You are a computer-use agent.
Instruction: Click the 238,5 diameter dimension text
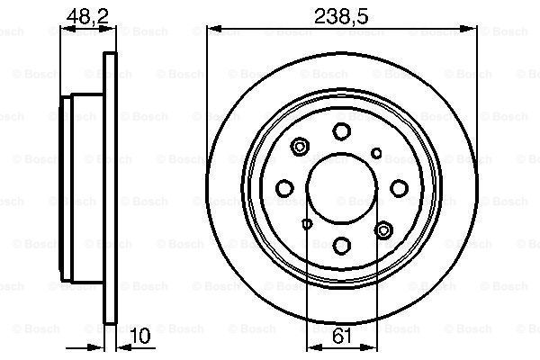coord(340,14)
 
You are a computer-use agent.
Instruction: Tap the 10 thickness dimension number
coord(139,337)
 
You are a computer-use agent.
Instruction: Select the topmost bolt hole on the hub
coord(341,131)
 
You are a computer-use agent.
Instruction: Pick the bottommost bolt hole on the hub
coord(341,244)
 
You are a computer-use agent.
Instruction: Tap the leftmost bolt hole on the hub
coord(285,187)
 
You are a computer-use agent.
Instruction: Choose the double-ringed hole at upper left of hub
coord(301,144)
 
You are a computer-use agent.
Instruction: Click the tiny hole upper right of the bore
coord(377,152)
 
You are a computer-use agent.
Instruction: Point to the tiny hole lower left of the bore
coord(306,223)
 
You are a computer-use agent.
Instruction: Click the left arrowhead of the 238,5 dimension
coord(213,30)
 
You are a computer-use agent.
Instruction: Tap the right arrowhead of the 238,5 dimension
coord(470,30)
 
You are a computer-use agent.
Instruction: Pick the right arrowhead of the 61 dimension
coord(371,347)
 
